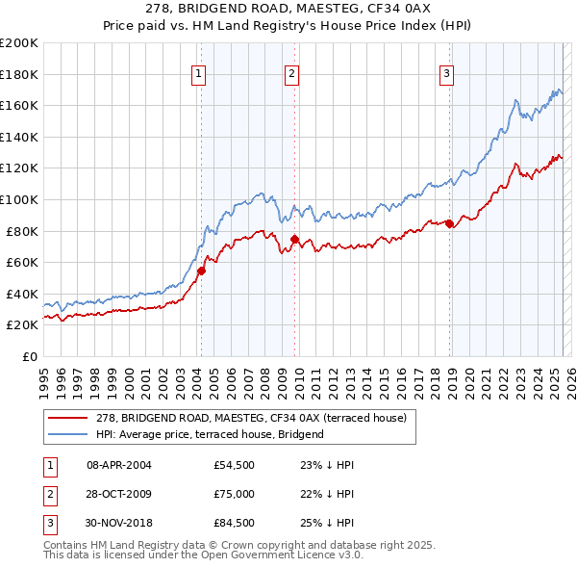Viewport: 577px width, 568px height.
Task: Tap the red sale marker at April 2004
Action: [x=201, y=271]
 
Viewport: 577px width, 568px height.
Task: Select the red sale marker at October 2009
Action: [x=294, y=239]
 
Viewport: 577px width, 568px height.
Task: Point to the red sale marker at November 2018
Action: [x=449, y=224]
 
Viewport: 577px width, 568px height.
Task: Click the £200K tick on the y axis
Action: [x=19, y=43]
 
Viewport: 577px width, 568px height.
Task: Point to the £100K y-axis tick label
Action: [x=19, y=199]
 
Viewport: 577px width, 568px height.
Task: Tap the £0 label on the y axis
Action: [x=29, y=356]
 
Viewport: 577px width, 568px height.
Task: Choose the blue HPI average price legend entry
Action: [x=210, y=434]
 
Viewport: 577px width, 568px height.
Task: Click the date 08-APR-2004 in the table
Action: [x=119, y=465]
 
